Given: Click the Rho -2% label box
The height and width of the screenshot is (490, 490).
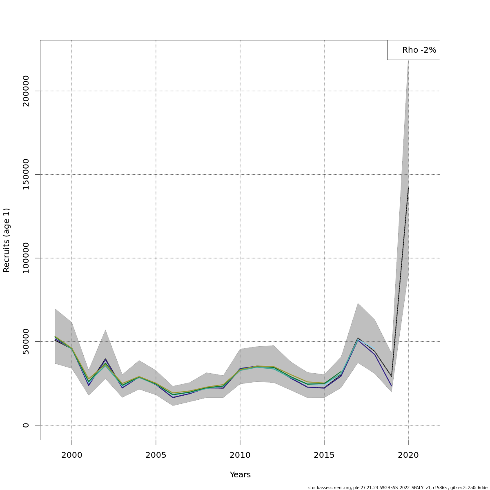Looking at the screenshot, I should click(x=414, y=50).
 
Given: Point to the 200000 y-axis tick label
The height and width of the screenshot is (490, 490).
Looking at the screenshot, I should click(x=26, y=91).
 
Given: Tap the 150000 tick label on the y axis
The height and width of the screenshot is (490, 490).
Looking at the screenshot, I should click(x=26, y=174).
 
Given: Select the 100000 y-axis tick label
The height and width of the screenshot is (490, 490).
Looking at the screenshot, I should click(x=26, y=258).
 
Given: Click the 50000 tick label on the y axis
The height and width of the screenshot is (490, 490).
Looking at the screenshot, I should click(x=26, y=341).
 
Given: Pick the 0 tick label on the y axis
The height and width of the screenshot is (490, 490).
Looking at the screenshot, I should click(x=26, y=425).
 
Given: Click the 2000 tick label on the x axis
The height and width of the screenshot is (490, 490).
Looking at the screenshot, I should click(x=72, y=455).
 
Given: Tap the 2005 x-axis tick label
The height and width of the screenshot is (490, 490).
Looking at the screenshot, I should click(x=156, y=455).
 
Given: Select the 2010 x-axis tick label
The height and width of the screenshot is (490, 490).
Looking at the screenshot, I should click(x=240, y=455).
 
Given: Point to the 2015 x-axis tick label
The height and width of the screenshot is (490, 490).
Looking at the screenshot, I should click(x=324, y=455).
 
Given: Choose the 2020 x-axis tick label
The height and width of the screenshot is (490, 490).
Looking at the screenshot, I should click(x=408, y=455).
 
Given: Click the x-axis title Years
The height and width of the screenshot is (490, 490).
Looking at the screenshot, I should click(x=240, y=475).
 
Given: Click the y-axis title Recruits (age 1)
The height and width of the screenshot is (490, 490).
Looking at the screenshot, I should click(x=7, y=240).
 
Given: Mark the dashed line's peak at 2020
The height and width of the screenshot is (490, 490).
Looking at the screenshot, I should click(x=408, y=188).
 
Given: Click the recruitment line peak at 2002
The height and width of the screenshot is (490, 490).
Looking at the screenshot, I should click(x=105, y=359).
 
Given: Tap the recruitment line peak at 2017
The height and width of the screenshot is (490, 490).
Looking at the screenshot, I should click(x=358, y=338).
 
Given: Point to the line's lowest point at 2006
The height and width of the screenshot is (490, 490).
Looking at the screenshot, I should click(x=173, y=397).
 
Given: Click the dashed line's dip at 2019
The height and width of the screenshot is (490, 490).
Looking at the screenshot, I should click(x=392, y=376).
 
